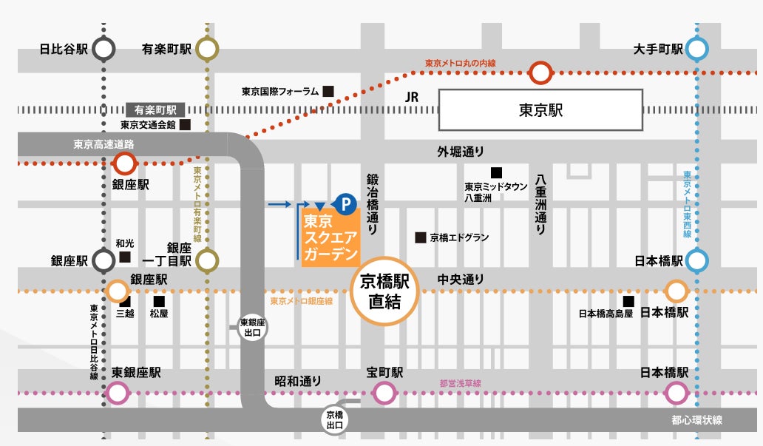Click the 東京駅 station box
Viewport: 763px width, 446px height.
(x=540, y=109)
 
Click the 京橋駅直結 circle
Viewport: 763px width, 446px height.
(x=384, y=291)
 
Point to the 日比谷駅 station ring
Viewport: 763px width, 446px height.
(x=104, y=50)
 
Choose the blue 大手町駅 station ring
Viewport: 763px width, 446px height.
(x=696, y=50)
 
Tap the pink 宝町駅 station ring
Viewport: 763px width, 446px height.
(x=384, y=393)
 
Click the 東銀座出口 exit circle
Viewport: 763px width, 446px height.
(x=252, y=328)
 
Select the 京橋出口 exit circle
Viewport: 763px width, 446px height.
(x=334, y=419)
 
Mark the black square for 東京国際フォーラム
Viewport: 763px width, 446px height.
(x=328, y=92)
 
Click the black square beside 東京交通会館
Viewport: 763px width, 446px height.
(x=185, y=125)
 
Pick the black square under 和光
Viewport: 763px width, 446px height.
(x=125, y=257)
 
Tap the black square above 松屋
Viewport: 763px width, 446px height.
(x=158, y=301)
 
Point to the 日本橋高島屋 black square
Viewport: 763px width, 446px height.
(x=628, y=301)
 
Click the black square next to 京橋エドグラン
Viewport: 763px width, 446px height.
(x=420, y=238)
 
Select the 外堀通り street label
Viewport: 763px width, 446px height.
(x=460, y=152)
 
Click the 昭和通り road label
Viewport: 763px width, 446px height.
(x=298, y=381)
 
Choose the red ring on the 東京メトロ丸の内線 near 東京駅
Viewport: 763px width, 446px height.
(x=541, y=72)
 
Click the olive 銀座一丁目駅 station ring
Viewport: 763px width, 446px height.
(x=208, y=260)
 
